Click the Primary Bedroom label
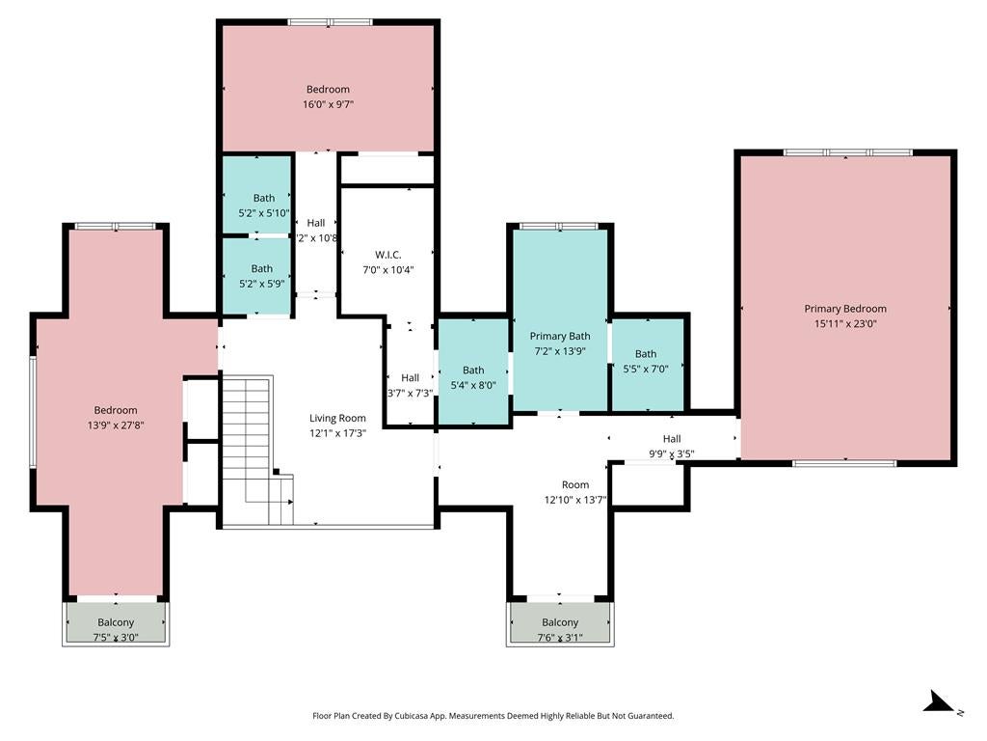coord(844,309)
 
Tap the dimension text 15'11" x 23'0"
coord(844,324)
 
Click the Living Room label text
coord(337,418)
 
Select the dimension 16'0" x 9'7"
coord(328,105)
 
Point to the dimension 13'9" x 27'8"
coord(115,425)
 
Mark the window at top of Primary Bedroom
coord(846,152)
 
